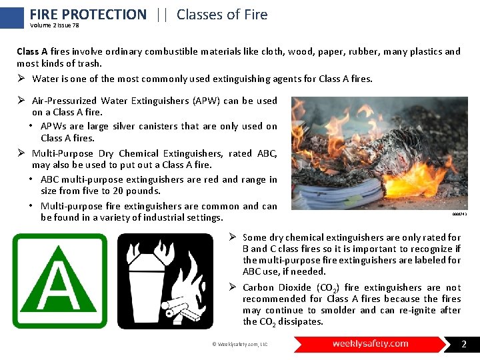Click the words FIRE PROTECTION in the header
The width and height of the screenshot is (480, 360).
(x=88, y=14)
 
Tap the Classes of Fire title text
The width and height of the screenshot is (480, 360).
(x=222, y=14)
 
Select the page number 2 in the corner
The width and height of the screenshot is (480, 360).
(x=464, y=345)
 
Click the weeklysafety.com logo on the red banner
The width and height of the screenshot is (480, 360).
(x=371, y=344)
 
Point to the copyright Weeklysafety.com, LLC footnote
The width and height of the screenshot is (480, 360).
(x=240, y=345)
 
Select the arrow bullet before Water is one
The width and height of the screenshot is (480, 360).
(x=21, y=79)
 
